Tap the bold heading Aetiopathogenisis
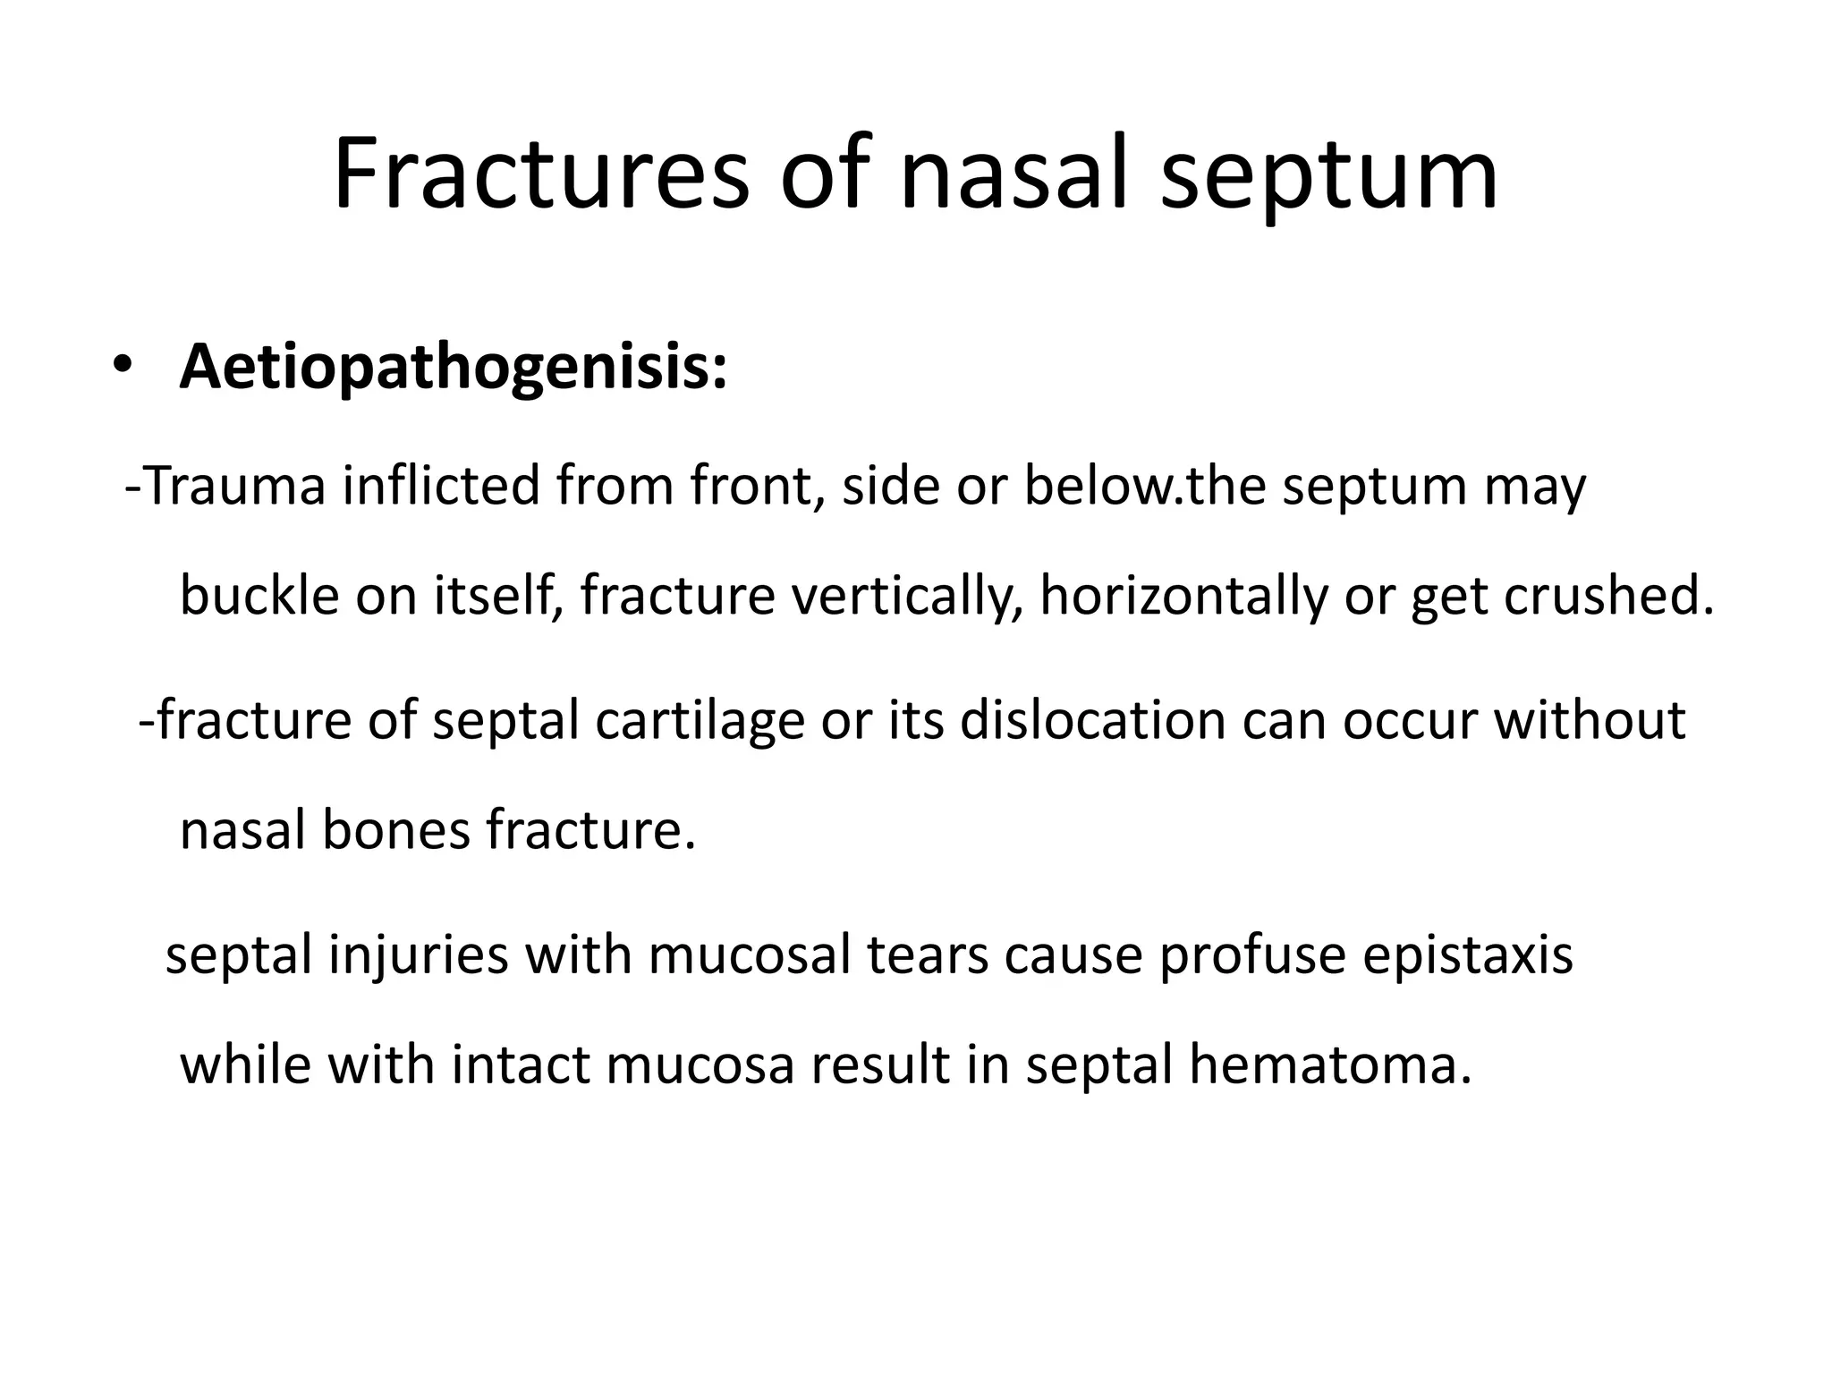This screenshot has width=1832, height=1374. pos(454,367)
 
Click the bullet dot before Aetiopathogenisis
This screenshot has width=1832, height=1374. pos(121,367)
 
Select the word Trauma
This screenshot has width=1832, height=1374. pos(234,486)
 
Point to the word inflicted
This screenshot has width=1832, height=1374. pos(441,486)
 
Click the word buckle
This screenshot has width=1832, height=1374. pos(259,595)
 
